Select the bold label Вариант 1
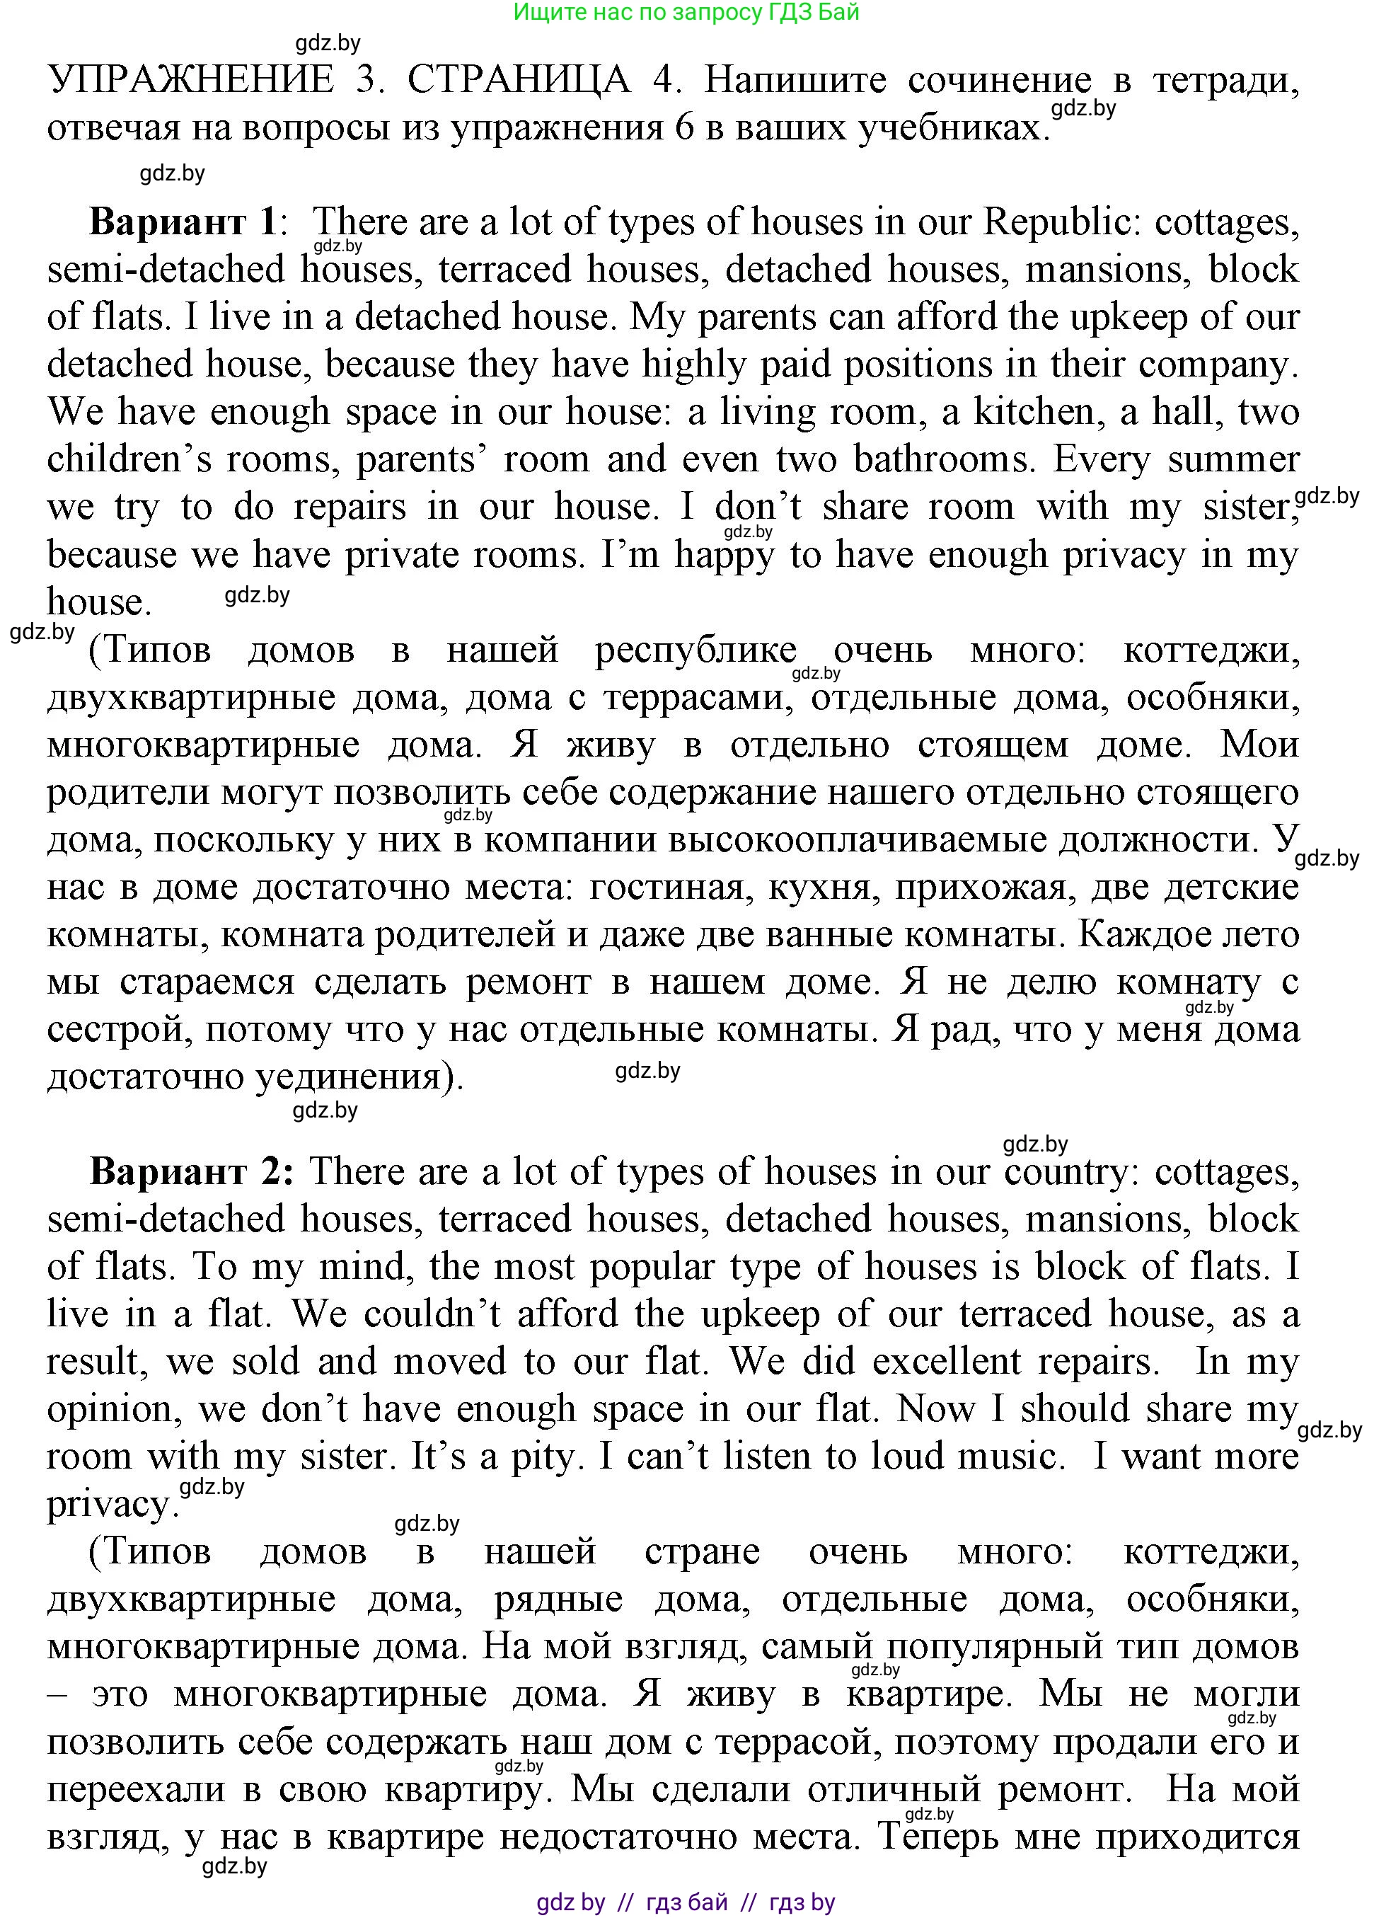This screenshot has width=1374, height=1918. (x=183, y=222)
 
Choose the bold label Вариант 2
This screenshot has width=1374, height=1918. (x=191, y=1171)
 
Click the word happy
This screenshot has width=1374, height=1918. (x=724, y=556)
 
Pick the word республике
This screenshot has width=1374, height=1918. (x=695, y=650)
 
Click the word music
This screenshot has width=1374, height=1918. (x=1010, y=1457)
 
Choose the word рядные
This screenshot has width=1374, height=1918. (x=558, y=1600)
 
